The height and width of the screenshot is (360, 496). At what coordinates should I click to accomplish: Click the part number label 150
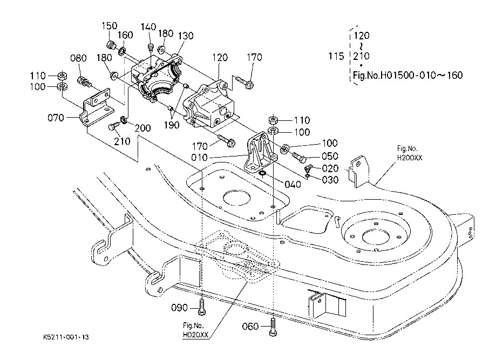click(110, 26)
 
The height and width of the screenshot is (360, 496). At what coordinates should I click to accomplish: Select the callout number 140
click(148, 27)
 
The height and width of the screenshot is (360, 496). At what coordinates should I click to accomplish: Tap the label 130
click(186, 36)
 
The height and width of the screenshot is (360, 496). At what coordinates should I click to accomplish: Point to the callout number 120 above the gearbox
click(220, 58)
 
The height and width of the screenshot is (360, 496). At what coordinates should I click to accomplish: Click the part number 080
click(78, 58)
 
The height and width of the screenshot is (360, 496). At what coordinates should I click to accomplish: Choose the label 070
click(56, 118)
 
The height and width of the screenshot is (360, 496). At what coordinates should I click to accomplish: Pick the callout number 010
click(199, 158)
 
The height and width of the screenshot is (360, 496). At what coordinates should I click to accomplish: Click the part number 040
click(293, 185)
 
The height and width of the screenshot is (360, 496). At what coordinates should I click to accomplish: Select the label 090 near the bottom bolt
click(179, 308)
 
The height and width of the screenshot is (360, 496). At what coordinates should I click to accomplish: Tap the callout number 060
click(250, 326)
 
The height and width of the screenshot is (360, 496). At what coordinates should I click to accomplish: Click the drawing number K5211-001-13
click(66, 337)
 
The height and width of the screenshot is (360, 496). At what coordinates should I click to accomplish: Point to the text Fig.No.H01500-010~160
click(407, 75)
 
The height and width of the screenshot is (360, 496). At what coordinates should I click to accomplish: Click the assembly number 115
click(336, 56)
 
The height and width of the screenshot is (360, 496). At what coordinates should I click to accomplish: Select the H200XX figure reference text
click(410, 158)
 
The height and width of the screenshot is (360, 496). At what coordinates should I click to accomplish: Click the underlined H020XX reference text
click(195, 335)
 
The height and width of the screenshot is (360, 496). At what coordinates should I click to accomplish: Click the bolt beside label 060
click(273, 327)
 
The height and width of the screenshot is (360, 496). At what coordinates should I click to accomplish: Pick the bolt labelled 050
click(299, 157)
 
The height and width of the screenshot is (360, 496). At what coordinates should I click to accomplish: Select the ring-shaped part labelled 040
click(262, 173)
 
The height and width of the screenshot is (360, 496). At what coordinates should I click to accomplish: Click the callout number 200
click(142, 128)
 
